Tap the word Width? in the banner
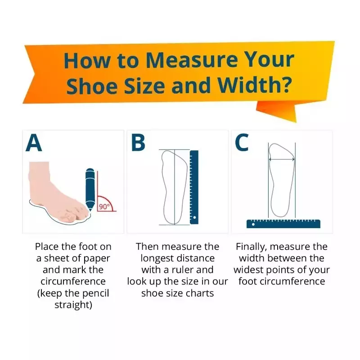coord(254,85)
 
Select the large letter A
coord(34,143)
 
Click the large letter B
coord(138,143)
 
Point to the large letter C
coord(242,143)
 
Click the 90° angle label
coord(104,207)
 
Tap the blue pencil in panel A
coord(90,189)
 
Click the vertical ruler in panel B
coord(194,187)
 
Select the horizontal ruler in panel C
coord(283,224)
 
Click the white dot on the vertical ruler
coord(194,217)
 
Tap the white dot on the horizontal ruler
coord(253,224)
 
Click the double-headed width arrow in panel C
coord(282,159)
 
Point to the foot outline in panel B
coord(174,187)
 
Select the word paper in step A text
coord(97,258)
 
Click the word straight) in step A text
coord(73,305)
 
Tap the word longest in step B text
coord(157,258)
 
